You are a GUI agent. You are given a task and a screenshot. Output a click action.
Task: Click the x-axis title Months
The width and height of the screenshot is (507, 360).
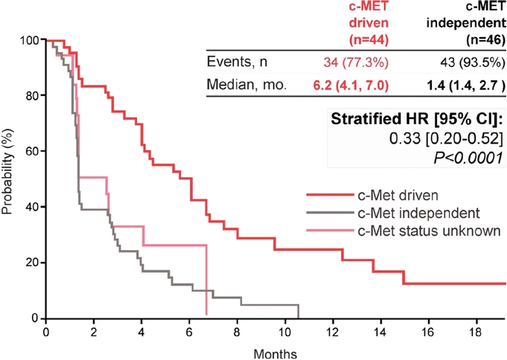(275, 351)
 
